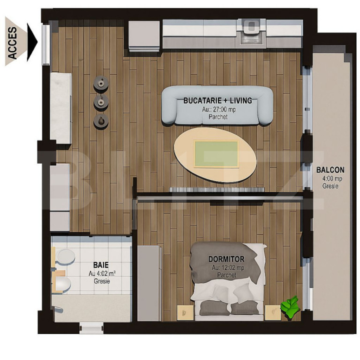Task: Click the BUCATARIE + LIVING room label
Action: click(x=217, y=100)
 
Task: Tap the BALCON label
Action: click(x=330, y=171)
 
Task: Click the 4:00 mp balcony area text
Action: click(x=330, y=179)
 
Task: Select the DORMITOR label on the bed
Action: click(x=226, y=259)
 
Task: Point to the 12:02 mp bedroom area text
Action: click(x=227, y=268)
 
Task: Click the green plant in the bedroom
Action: click(x=291, y=307)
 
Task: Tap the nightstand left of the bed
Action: click(x=184, y=312)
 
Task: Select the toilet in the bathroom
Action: click(x=62, y=283)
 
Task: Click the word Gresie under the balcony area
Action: click(x=330, y=187)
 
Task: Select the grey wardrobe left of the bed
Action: click(x=150, y=283)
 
